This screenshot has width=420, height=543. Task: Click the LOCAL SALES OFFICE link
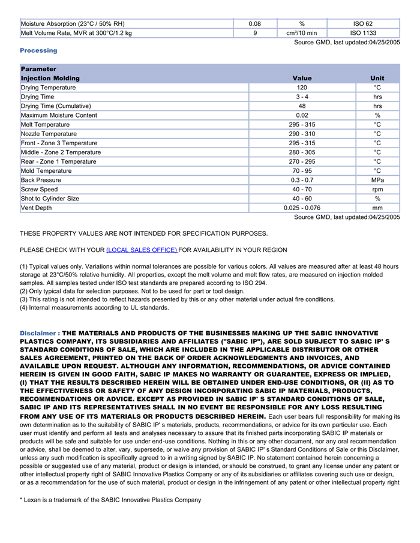coord(142,250)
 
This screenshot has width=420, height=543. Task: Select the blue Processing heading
coord(38,50)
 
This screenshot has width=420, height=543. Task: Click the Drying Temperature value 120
coord(302,88)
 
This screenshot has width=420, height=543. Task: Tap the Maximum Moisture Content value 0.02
coord(302,115)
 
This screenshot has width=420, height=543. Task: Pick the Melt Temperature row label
coord(45,125)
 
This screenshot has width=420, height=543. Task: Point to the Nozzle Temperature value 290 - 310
coord(302,134)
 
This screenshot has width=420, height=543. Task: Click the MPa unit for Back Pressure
coord(377,180)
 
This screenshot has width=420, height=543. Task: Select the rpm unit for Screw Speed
coord(377,190)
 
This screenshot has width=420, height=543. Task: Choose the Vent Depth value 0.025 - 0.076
coord(302,208)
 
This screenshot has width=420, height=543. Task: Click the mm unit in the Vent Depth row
coord(377,208)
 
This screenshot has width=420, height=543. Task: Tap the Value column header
coord(302,79)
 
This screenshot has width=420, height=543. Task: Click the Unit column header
coord(377,79)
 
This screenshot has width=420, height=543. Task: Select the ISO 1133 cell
coord(363,33)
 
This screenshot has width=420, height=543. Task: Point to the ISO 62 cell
coord(363,23)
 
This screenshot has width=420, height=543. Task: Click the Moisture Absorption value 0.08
coord(254,23)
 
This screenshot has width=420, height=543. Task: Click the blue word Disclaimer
coord(39,333)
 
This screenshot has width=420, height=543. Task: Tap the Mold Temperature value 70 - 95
coord(302,171)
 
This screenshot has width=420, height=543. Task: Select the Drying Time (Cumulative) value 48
coord(302,106)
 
